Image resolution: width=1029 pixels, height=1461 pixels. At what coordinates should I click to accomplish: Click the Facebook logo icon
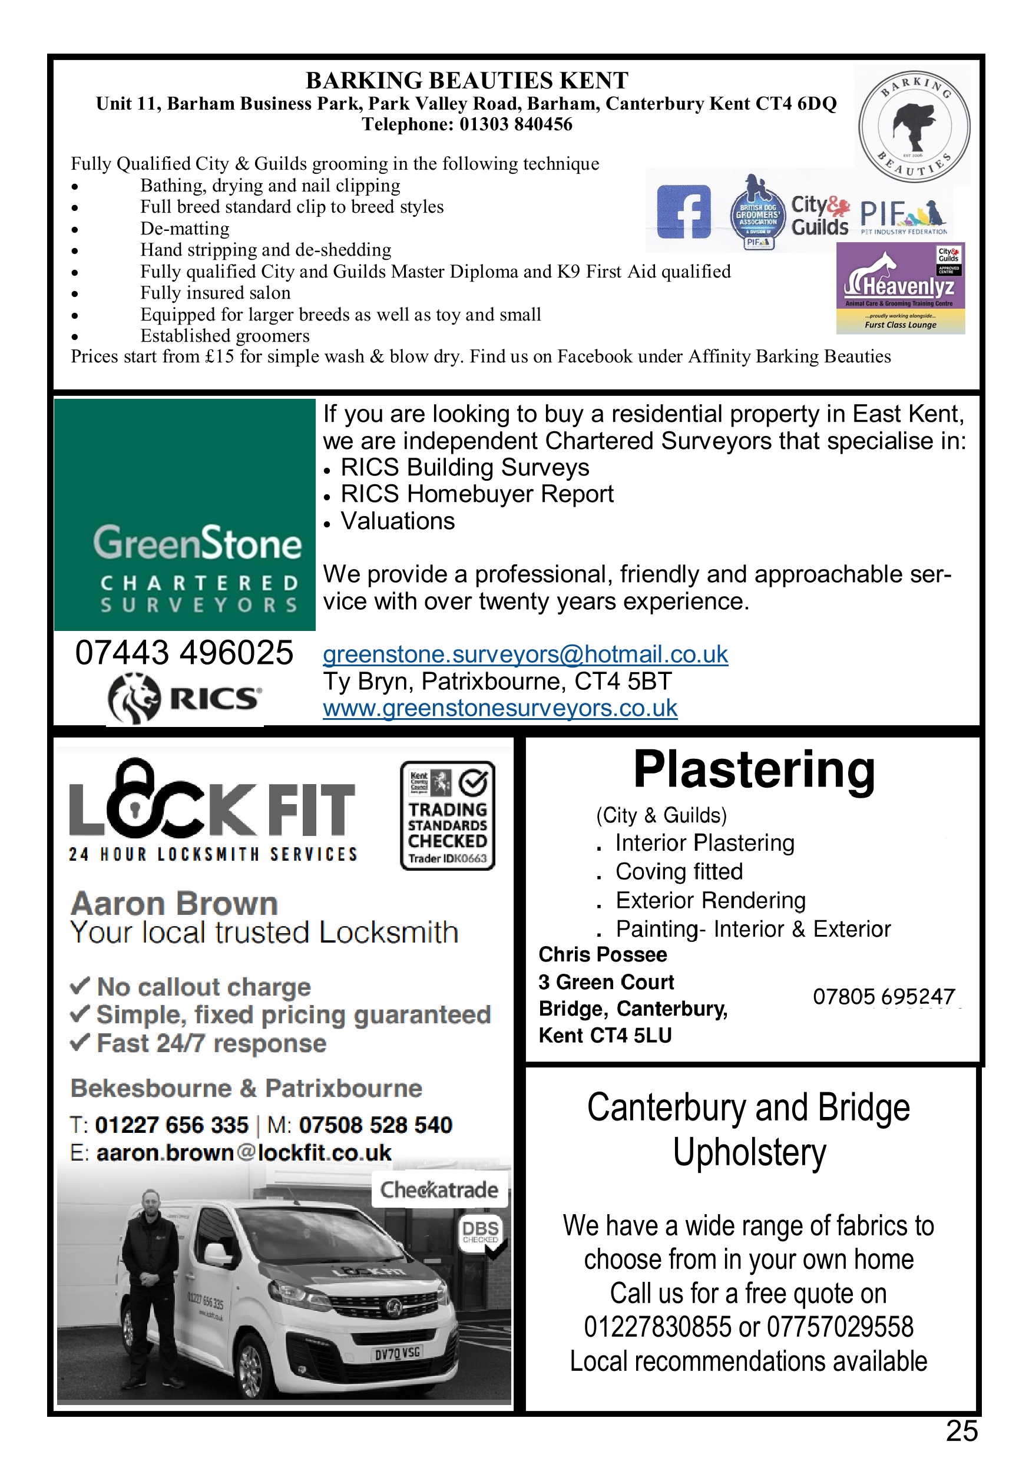pyautogui.click(x=683, y=212)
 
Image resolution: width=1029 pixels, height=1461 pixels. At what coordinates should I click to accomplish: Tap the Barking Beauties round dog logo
pyautogui.click(x=914, y=125)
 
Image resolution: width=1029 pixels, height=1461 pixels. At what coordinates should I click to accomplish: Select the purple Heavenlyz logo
pyautogui.click(x=901, y=287)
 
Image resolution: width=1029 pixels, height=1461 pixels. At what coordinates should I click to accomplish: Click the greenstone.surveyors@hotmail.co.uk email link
pyautogui.click(x=525, y=654)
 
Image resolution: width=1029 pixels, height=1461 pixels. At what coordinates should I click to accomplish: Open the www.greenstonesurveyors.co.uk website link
pyautogui.click(x=499, y=708)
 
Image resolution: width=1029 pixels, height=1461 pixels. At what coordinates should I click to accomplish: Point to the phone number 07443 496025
pyautogui.click(x=184, y=653)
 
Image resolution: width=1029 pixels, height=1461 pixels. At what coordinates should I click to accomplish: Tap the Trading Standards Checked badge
pyautogui.click(x=448, y=815)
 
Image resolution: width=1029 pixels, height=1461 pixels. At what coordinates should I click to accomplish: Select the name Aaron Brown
pyautogui.click(x=174, y=904)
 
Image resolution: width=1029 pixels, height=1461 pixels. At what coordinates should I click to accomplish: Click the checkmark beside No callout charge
pyautogui.click(x=80, y=986)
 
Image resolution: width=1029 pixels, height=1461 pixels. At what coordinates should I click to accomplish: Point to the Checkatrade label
pyautogui.click(x=439, y=1189)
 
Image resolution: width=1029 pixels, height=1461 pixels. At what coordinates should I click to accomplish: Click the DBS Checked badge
pyautogui.click(x=481, y=1232)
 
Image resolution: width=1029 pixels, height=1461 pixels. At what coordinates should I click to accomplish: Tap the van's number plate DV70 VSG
pyautogui.click(x=398, y=1351)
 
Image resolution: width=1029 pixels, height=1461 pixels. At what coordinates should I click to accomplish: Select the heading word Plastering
pyautogui.click(x=754, y=770)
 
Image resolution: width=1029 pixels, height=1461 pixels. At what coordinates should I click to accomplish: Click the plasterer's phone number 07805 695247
pyautogui.click(x=884, y=996)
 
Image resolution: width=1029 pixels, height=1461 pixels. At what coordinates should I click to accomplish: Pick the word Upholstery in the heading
pyautogui.click(x=750, y=1153)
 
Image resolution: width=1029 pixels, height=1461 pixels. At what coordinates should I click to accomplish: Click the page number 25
pyautogui.click(x=961, y=1431)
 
